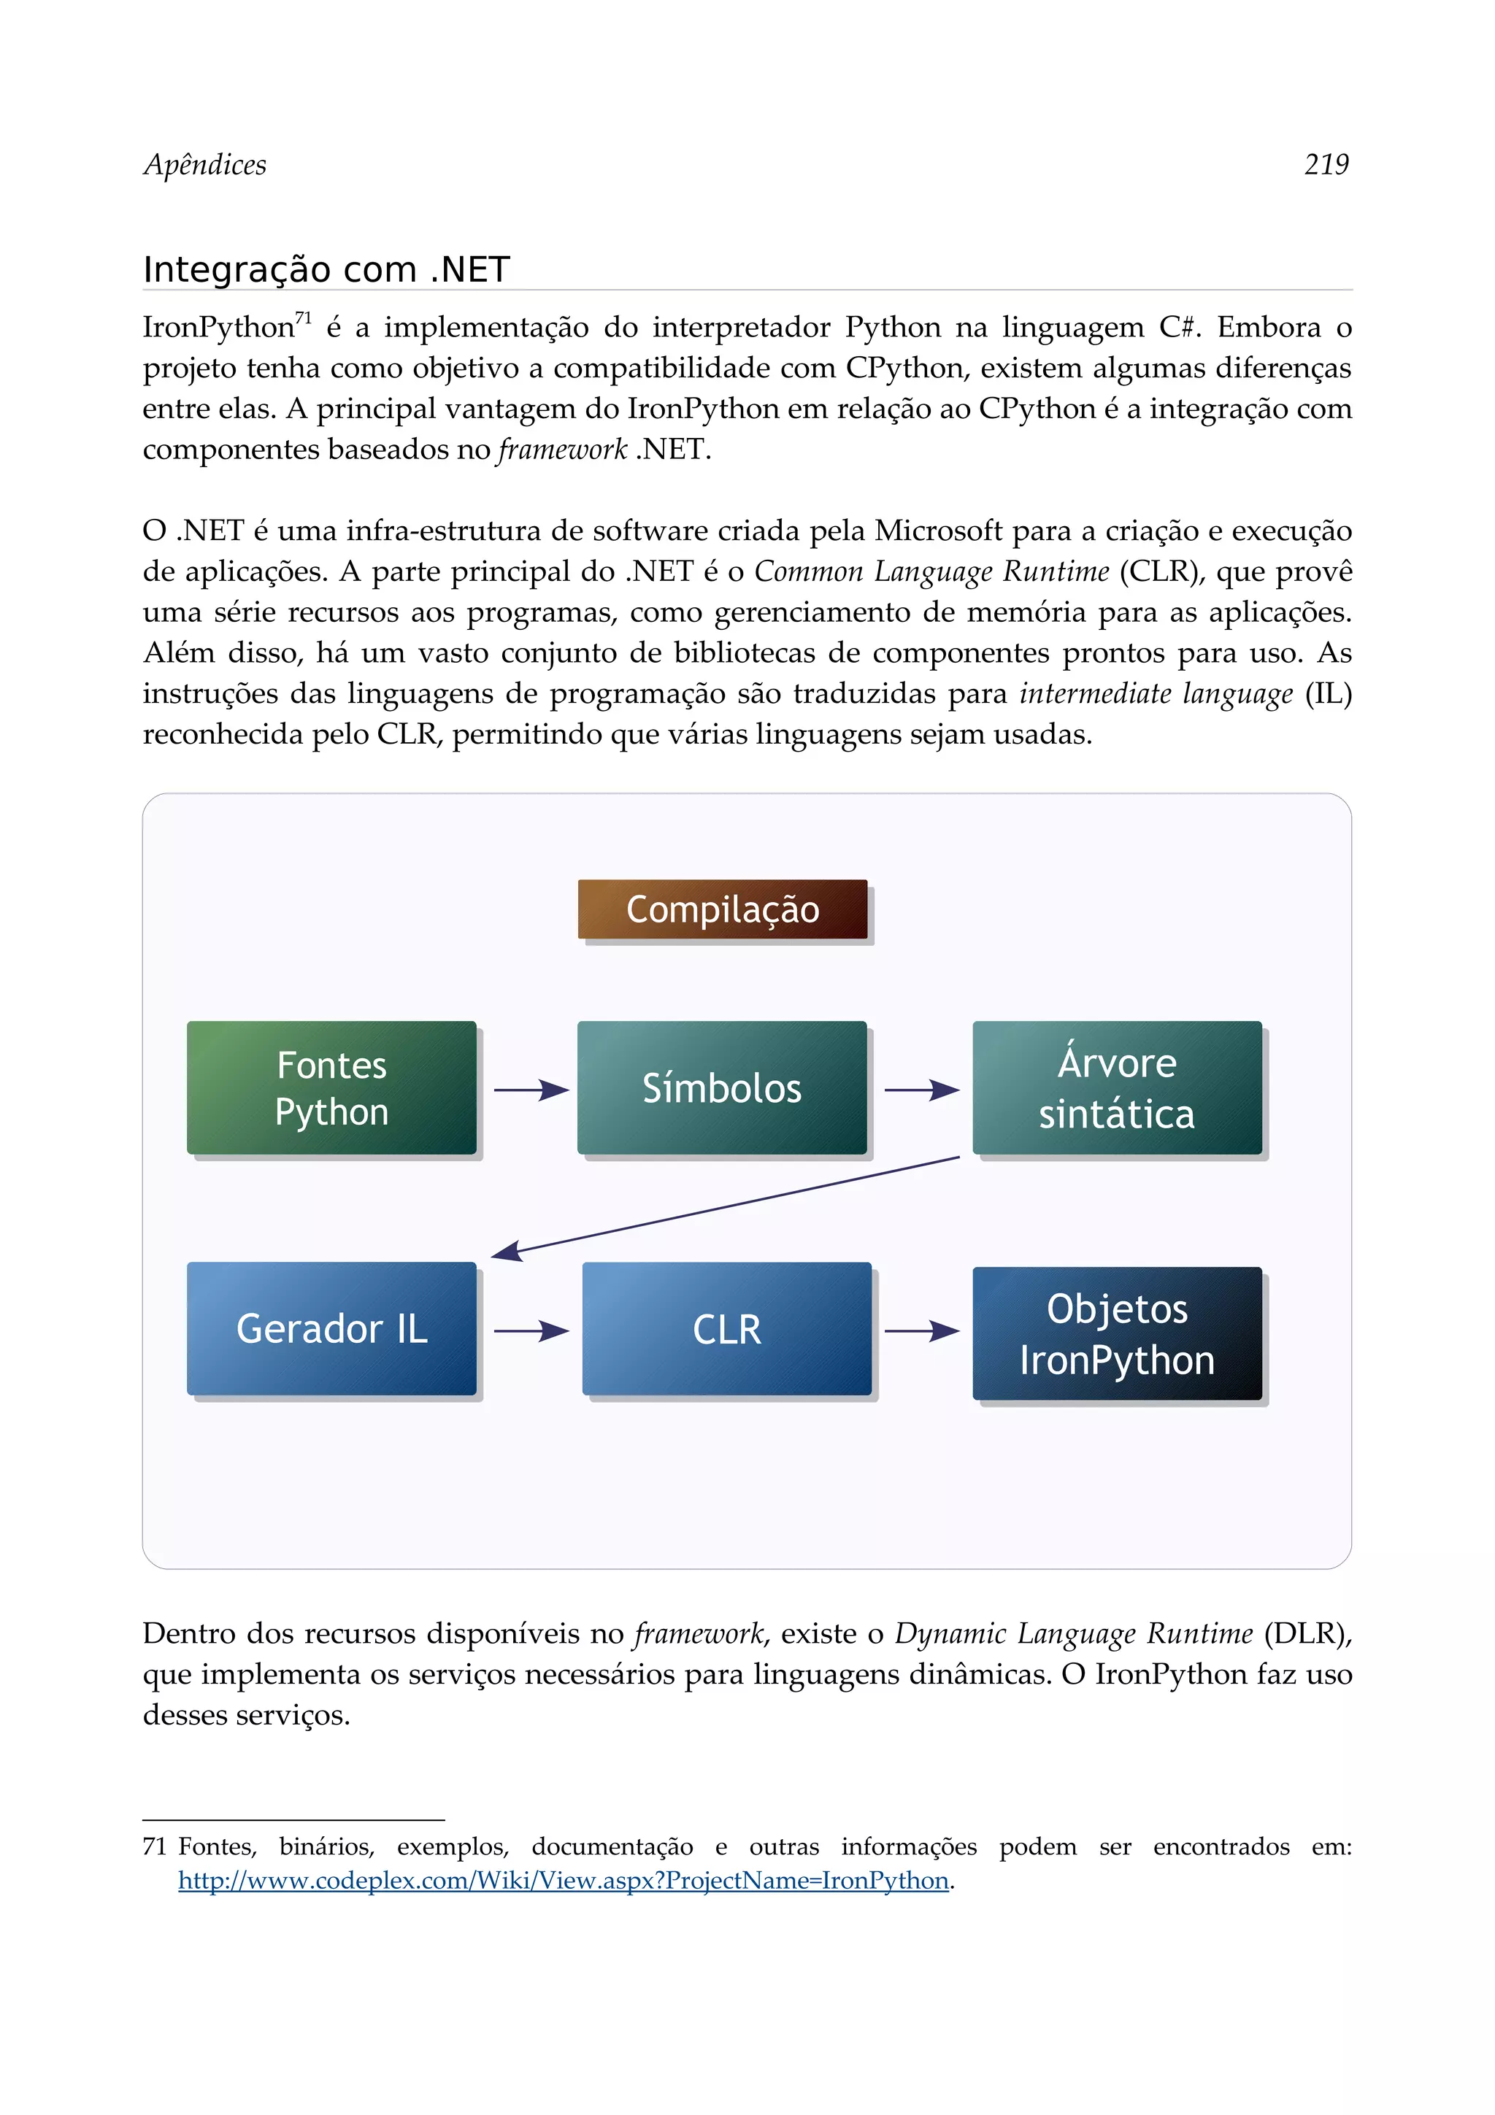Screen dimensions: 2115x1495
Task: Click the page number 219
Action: pos(1326,165)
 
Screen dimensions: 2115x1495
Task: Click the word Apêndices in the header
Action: pos(204,165)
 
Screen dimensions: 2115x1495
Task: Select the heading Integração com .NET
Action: pos(326,270)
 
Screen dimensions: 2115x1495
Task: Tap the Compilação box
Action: pos(722,909)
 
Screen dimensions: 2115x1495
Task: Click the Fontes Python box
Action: pos(331,1088)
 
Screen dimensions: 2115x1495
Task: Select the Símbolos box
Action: pos(722,1088)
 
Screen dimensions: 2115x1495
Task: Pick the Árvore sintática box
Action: pos(1116,1088)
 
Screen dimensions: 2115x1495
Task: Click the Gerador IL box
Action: pos(331,1328)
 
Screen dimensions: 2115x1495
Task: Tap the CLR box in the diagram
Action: pos(727,1328)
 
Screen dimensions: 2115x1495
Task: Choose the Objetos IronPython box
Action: pos(1116,1334)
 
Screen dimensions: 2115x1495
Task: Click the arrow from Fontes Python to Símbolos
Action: pos(531,1090)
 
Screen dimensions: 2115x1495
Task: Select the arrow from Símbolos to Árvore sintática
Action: pos(921,1090)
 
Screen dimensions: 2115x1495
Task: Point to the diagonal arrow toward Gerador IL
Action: pos(725,1206)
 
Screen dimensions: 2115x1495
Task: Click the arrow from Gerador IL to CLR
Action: pos(531,1331)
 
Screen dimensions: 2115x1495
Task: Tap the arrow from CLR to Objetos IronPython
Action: pos(921,1331)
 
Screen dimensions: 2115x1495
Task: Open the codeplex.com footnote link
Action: pos(563,1880)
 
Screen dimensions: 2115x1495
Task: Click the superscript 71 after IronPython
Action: pos(303,317)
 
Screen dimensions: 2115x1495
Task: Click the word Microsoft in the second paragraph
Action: pos(938,531)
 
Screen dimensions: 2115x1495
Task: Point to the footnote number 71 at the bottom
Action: pos(154,1847)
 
